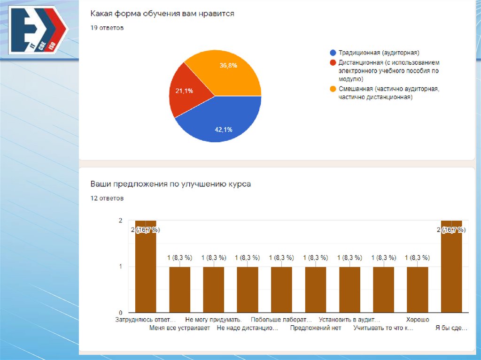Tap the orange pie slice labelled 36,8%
coord(225,73)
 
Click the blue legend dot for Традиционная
coord(333,53)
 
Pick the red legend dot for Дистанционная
coord(333,62)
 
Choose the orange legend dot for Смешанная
coord(333,89)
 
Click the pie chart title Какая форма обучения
coord(162,14)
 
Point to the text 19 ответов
coord(107,28)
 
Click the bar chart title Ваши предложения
coord(171,184)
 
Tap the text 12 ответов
coord(107,199)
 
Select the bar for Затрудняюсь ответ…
coord(146,272)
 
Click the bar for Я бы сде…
coord(451,272)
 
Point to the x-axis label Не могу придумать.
coord(214,320)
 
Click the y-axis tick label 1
coord(120,267)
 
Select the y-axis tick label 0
coord(120,313)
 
